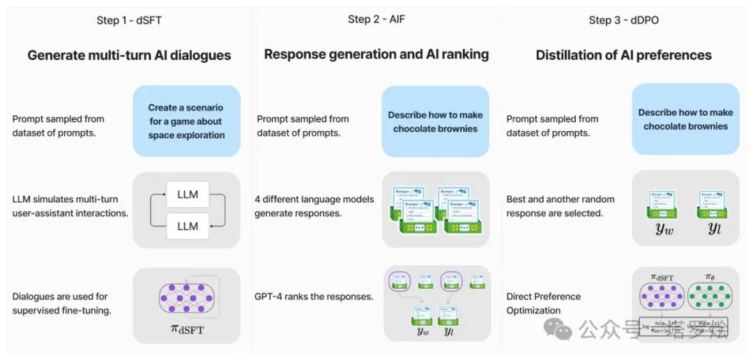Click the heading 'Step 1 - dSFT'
click(129, 20)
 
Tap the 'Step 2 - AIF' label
click(376, 20)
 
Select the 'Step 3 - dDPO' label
click(623, 20)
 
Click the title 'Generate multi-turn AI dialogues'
click(129, 55)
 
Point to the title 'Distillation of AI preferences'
click(623, 55)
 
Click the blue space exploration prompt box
click(186, 121)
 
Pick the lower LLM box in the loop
click(187, 226)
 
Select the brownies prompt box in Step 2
click(435, 121)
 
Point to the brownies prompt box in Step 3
click(685, 119)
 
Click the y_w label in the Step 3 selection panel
click(664, 228)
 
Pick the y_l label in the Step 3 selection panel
click(713, 228)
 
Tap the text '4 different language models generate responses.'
click(315, 206)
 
